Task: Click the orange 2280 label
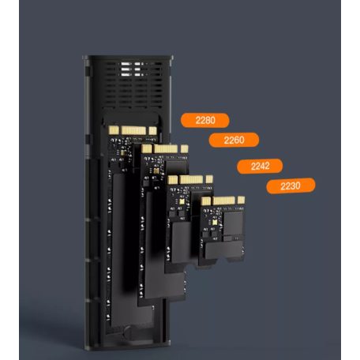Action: (x=205, y=120)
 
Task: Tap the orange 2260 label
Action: (x=234, y=140)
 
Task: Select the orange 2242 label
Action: (x=260, y=166)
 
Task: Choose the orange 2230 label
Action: (x=291, y=186)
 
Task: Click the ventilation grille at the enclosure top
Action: (x=133, y=84)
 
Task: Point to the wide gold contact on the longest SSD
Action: (x=133, y=130)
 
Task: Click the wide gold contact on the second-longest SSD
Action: (x=166, y=149)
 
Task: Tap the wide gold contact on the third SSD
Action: (x=191, y=180)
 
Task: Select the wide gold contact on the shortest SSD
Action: (x=223, y=201)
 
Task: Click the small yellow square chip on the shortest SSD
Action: (x=215, y=223)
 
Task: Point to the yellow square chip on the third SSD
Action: (x=182, y=201)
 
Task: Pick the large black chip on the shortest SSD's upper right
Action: (x=233, y=223)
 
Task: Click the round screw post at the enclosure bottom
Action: (x=128, y=332)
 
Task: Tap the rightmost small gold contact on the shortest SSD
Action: (x=241, y=200)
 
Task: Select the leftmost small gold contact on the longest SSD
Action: (x=114, y=129)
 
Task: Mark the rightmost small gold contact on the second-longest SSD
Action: (x=185, y=149)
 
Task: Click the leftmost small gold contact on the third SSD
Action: (x=173, y=180)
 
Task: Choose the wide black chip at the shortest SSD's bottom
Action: (x=223, y=250)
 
